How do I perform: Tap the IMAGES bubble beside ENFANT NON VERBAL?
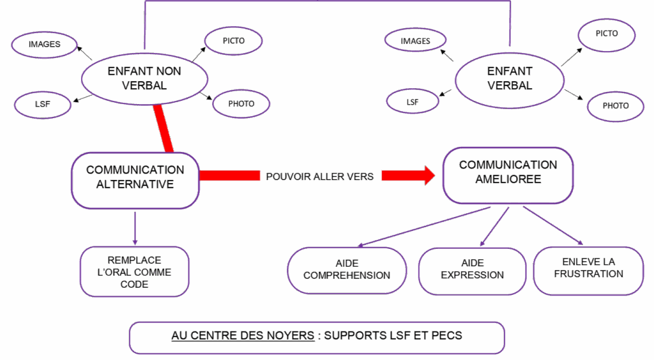[x=45, y=45]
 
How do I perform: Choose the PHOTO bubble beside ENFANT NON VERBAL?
[x=241, y=103]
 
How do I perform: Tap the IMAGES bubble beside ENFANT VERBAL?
[x=415, y=41]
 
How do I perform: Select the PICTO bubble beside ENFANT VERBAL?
[x=606, y=33]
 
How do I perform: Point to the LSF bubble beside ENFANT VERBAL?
[x=413, y=101]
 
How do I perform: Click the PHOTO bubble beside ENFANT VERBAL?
[x=615, y=105]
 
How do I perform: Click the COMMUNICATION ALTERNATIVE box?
[x=135, y=178]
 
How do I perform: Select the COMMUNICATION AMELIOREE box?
[x=508, y=174]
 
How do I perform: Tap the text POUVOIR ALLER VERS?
[x=319, y=176]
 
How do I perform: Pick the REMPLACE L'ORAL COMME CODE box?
[x=135, y=272]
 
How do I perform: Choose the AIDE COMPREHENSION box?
[x=347, y=269]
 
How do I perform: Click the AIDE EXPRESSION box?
[x=472, y=269]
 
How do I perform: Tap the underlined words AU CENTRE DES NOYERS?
[x=243, y=335]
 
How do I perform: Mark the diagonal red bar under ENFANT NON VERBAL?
[x=163, y=130]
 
